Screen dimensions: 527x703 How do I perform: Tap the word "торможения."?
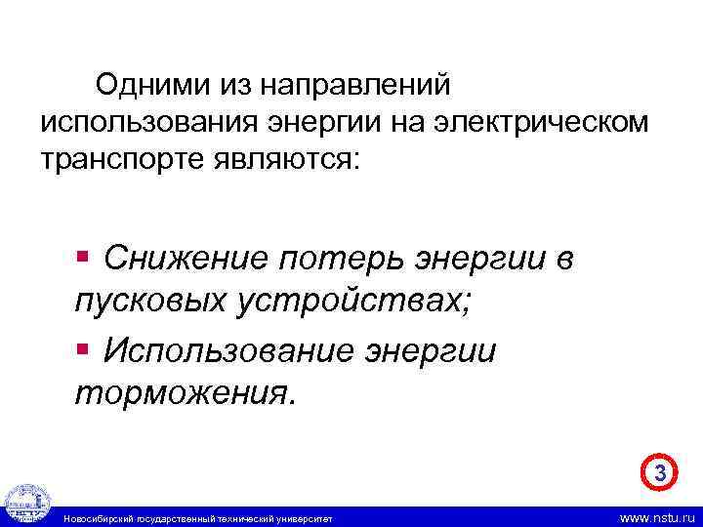click(183, 392)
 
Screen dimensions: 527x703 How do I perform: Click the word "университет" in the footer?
click(306, 517)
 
